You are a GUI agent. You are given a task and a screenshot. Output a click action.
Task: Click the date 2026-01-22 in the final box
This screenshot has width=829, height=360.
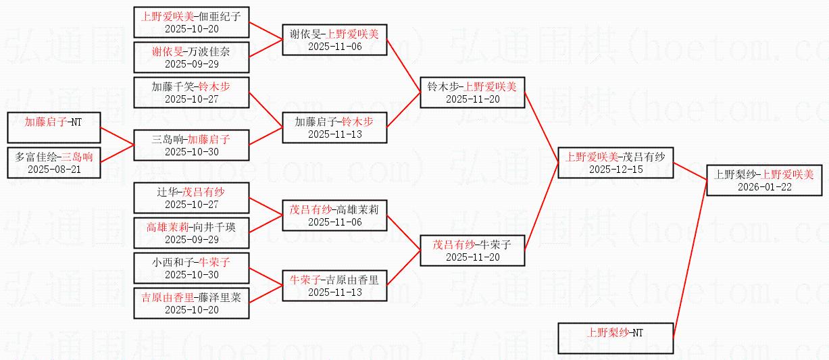pyautogui.click(x=764, y=187)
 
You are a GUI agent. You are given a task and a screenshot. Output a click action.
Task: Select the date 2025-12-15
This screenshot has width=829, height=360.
pyautogui.click(x=616, y=170)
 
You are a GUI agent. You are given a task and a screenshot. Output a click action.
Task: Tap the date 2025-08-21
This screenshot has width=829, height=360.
pyautogui.click(x=54, y=170)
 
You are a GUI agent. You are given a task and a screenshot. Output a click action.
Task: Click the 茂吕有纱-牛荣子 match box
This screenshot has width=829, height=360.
pyautogui.click(x=472, y=251)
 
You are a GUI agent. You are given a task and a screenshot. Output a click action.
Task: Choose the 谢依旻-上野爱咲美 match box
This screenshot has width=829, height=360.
pyautogui.click(x=334, y=40)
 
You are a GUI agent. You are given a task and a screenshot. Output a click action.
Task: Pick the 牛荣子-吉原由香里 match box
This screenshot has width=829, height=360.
pyautogui.click(x=334, y=286)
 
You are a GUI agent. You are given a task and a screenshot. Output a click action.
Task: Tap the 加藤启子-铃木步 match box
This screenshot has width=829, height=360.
pyautogui.click(x=334, y=128)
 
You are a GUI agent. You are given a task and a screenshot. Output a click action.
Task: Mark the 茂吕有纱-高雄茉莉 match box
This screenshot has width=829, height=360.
pyautogui.click(x=334, y=215)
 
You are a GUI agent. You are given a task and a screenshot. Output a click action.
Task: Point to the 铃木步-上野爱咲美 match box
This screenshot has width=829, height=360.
pyautogui.click(x=472, y=93)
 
